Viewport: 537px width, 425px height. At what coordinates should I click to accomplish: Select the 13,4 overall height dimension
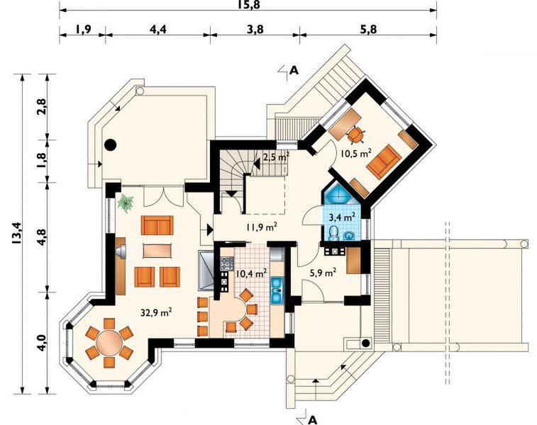[16, 233]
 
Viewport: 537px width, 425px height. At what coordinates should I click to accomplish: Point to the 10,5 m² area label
[356, 153]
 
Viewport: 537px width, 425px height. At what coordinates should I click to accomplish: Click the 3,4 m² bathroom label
[342, 217]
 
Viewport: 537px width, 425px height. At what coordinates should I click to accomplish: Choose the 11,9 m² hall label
[262, 227]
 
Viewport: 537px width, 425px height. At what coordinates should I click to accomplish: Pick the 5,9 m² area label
[322, 273]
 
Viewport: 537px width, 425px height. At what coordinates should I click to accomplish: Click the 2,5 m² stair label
[277, 157]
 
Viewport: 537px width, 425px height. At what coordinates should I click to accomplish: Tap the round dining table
[109, 343]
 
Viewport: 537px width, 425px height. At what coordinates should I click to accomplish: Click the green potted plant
[126, 203]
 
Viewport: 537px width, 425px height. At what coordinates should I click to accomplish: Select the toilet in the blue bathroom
[333, 233]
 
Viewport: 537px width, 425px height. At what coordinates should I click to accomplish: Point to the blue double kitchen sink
[277, 290]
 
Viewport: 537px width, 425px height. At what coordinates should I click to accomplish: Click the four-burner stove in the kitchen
[227, 263]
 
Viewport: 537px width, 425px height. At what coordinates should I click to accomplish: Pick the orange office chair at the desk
[355, 134]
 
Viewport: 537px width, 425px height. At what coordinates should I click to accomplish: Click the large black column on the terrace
[110, 145]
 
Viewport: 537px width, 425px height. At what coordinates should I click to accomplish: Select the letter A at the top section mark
[294, 70]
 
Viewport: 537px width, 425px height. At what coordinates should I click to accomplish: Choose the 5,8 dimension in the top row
[368, 30]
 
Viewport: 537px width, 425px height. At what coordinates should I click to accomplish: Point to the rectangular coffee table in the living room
[157, 251]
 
